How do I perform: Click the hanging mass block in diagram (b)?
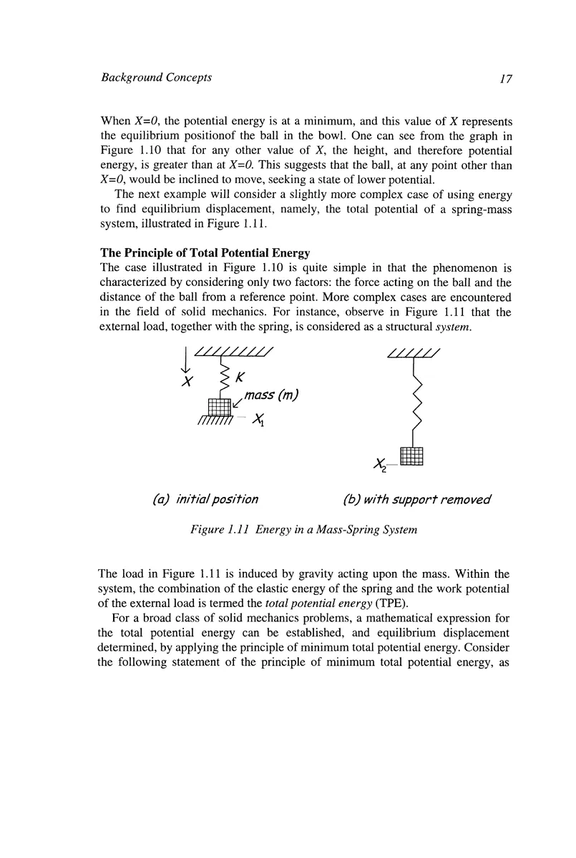click(412, 455)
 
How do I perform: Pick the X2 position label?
click(380, 466)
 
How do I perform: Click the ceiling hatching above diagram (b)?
click(413, 352)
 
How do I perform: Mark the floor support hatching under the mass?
click(215, 422)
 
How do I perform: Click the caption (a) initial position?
click(206, 499)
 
